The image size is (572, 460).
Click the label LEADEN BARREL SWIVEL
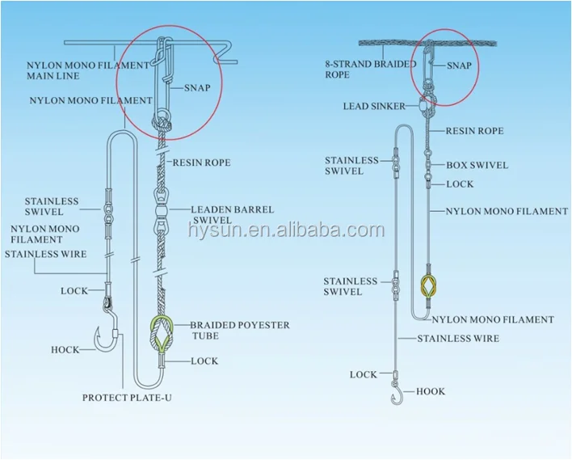pyautogui.click(x=232, y=214)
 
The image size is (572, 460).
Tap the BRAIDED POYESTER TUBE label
pyautogui.click(x=239, y=331)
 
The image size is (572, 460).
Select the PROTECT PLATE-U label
pyautogui.click(x=128, y=397)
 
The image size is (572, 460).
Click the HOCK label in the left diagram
pyautogui.click(x=65, y=350)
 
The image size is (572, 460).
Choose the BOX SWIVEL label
pyautogui.click(x=477, y=165)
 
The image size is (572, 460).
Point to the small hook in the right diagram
pyautogui.click(x=397, y=395)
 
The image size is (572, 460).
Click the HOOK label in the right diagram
pyautogui.click(x=431, y=391)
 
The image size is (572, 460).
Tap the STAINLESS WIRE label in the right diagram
pyautogui.click(x=457, y=339)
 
